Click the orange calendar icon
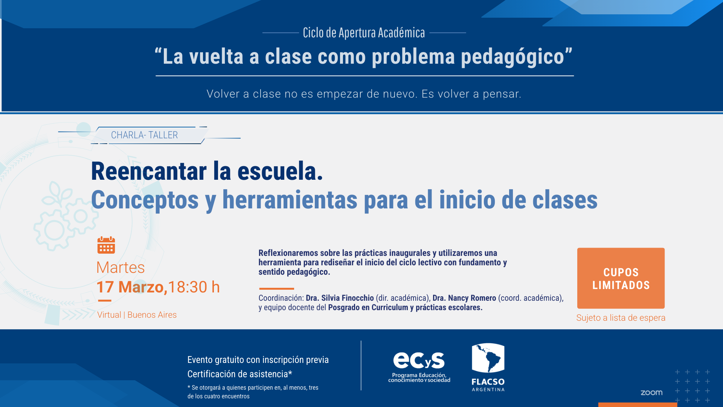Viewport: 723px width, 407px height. pyautogui.click(x=106, y=245)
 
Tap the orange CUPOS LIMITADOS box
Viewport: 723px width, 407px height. pyautogui.click(x=621, y=278)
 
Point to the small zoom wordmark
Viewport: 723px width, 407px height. pyautogui.click(x=651, y=393)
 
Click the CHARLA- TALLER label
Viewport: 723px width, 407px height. pyautogui.click(x=144, y=135)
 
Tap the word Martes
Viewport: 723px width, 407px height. pyautogui.click(x=120, y=268)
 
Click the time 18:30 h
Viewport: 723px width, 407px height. pyautogui.click(x=194, y=287)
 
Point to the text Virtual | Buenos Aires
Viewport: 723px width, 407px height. pyautogui.click(x=137, y=315)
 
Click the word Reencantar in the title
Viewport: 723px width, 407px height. pyautogui.click(x=149, y=171)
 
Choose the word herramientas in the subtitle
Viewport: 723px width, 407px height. pyautogui.click(x=290, y=200)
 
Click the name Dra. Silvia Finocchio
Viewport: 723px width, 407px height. pyautogui.click(x=340, y=298)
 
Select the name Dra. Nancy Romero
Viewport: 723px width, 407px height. pyautogui.click(x=464, y=298)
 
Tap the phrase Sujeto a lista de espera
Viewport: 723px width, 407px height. pyautogui.click(x=621, y=318)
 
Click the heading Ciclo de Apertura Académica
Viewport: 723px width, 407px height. pyautogui.click(x=364, y=33)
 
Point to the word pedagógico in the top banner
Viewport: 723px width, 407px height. pyautogui.click(x=513, y=57)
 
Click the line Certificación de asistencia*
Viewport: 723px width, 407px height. pyautogui.click(x=240, y=374)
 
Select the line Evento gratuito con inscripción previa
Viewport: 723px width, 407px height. pyautogui.click(x=258, y=360)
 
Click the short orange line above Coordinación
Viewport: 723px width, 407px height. pyautogui.click(x=276, y=289)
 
